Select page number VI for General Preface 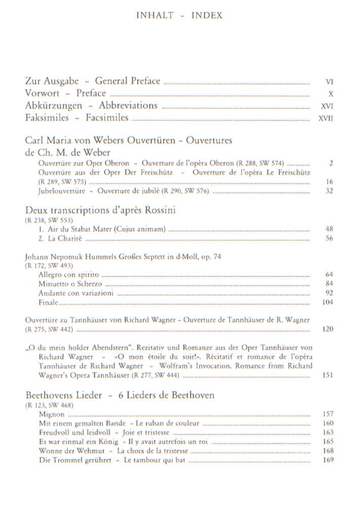329,81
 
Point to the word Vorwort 42,93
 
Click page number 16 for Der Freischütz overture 329,181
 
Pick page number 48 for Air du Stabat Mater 329,229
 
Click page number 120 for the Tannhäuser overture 328,329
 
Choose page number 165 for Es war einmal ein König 328,441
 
